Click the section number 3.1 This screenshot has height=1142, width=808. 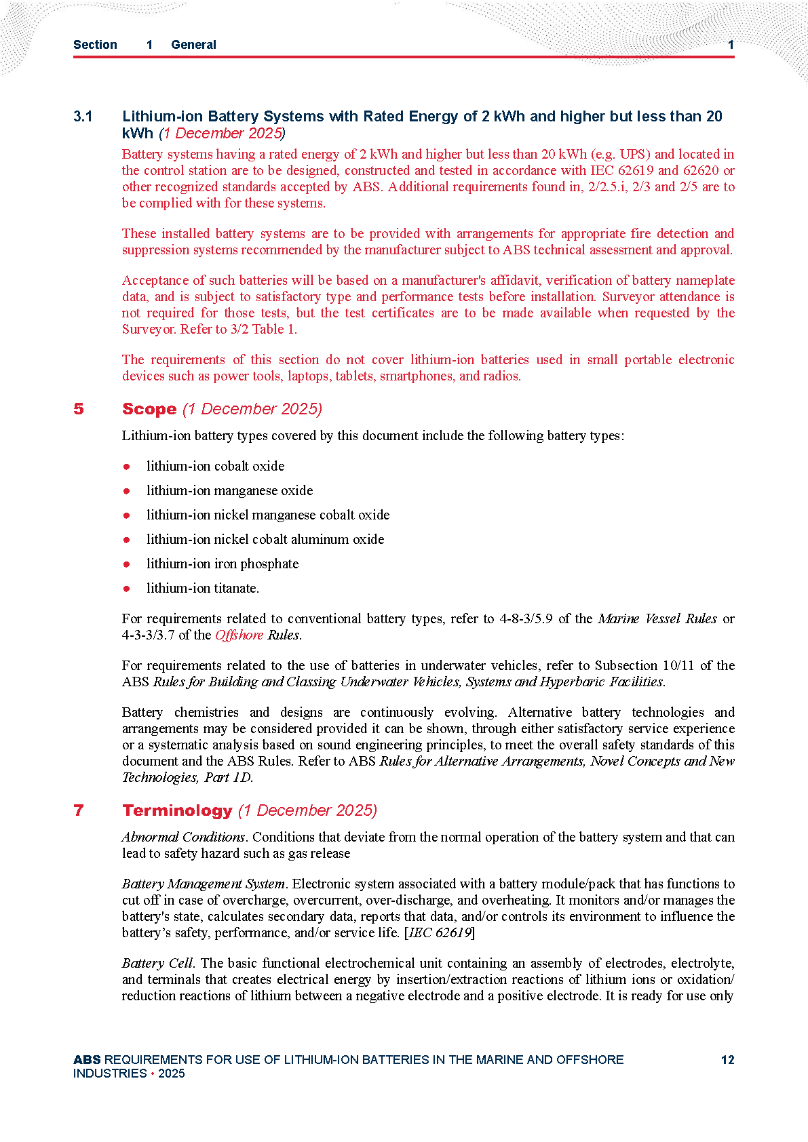point(83,117)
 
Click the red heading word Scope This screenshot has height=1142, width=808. point(149,409)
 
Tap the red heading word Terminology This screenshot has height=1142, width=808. point(177,810)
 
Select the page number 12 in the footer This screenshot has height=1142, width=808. point(727,1060)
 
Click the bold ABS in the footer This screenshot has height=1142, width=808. point(87,1060)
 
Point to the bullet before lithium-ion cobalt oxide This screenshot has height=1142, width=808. point(127,467)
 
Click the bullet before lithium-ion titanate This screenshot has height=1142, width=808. point(127,589)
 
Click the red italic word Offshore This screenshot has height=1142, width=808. point(239,635)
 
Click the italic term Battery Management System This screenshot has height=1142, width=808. point(203,884)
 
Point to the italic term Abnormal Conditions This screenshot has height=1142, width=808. point(183,837)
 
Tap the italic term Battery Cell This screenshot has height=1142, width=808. point(157,963)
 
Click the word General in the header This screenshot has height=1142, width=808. point(193,45)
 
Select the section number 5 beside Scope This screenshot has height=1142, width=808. point(79,409)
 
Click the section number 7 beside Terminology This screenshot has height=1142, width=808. point(79,810)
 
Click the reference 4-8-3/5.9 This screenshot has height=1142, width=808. point(526,618)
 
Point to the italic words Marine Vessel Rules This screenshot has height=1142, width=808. point(657,618)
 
